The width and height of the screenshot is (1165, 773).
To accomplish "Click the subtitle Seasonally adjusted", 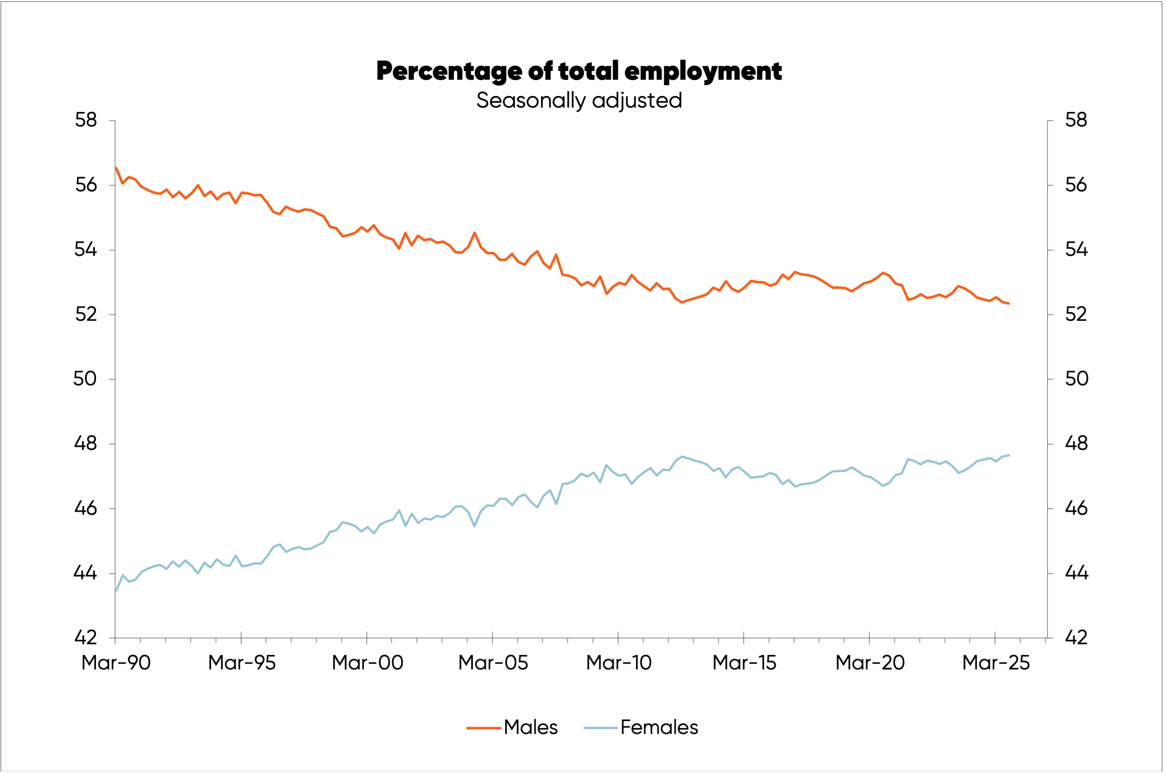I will click(579, 100).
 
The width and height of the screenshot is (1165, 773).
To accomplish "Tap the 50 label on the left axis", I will click(85, 379).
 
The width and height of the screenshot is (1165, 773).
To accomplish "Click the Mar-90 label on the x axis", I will click(116, 663).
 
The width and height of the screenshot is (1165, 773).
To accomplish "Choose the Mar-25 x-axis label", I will click(996, 663).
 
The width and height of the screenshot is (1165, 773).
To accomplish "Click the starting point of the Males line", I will click(116, 168).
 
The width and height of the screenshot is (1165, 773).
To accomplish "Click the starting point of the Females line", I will click(116, 590).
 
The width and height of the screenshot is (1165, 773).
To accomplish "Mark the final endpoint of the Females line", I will click(1009, 455).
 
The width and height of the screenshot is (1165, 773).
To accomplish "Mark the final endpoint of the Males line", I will click(1009, 303).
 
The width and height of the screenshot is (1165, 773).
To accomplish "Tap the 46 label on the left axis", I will click(85, 508).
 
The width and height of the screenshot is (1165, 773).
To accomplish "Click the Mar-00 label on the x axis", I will click(368, 663).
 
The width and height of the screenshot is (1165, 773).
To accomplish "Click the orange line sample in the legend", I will click(483, 728).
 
